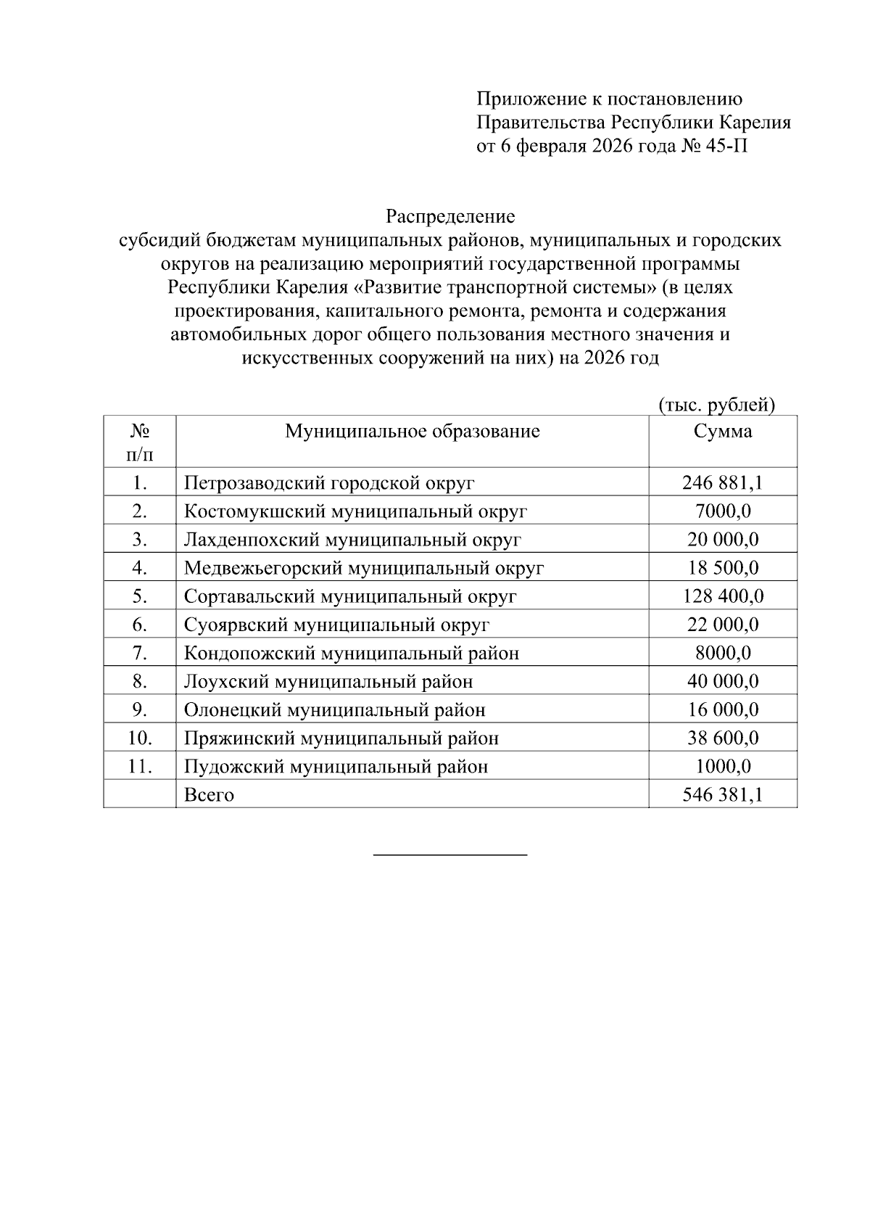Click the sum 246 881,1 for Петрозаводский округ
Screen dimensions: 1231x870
(722, 483)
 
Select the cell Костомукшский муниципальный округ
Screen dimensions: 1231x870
(355, 511)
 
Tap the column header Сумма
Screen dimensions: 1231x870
(722, 432)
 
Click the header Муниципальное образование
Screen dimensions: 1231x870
(412, 432)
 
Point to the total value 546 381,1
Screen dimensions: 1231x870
(722, 795)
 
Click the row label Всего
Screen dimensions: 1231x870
(209, 795)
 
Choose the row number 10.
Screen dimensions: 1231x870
(140, 738)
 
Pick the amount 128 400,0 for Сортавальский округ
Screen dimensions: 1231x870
(722, 596)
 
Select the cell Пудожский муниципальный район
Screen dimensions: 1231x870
(336, 767)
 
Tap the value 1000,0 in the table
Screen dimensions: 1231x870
(722, 767)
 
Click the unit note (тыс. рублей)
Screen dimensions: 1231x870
(716, 405)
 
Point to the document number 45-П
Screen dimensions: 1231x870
(725, 146)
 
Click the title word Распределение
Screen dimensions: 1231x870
(449, 216)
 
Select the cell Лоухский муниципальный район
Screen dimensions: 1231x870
(328, 682)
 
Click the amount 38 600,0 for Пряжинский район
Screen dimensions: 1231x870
(722, 738)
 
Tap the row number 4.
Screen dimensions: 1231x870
(140, 568)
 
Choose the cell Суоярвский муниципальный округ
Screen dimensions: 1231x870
(336, 625)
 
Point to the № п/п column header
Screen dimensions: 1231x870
(140, 442)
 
